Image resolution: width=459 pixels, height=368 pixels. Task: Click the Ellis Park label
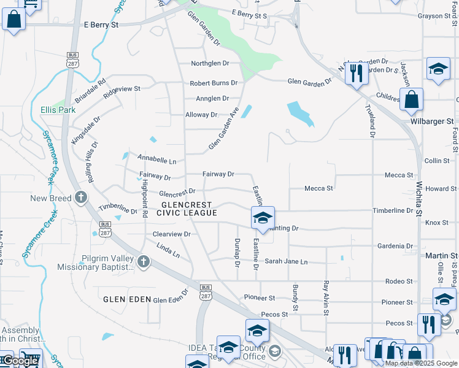(58, 110)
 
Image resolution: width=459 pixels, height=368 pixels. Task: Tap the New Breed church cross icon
(81, 197)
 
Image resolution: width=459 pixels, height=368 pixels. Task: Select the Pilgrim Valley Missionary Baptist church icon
(143, 263)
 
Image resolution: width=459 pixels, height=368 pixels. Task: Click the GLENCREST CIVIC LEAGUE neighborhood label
(187, 209)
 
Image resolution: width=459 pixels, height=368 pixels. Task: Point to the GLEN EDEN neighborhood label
(127, 299)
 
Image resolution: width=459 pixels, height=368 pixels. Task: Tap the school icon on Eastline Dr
(262, 218)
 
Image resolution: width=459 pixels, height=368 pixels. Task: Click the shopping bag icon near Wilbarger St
(411, 99)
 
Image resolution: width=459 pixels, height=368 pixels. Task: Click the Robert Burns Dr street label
(214, 83)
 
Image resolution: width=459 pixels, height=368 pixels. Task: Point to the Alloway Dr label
(201, 115)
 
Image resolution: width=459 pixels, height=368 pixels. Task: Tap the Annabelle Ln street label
(156, 161)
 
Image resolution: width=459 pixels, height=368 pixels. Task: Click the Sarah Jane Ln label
(286, 261)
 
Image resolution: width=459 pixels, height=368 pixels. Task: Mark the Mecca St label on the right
(398, 175)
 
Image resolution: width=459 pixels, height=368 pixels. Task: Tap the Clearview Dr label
(172, 234)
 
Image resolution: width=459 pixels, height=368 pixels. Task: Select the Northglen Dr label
(209, 63)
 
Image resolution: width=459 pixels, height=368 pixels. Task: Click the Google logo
(20, 361)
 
